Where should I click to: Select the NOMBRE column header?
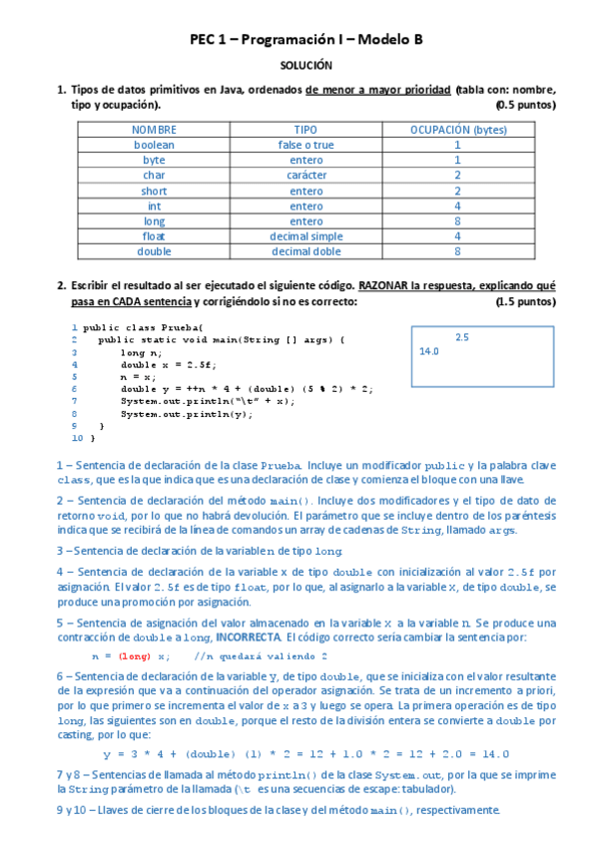[154, 130]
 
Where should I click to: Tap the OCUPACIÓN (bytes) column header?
[457, 130]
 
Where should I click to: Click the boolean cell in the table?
[154, 145]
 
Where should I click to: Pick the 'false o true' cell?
[305, 145]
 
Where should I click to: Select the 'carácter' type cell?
[305, 176]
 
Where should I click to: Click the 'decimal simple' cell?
[305, 236]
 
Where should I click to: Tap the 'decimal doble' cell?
[305, 251]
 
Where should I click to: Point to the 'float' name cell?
[154, 236]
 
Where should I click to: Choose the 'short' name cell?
[154, 191]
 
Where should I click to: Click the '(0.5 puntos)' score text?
[525, 104]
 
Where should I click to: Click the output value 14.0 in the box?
[429, 351]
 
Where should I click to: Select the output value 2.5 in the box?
[461, 337]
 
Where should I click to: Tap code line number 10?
[77, 437]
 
